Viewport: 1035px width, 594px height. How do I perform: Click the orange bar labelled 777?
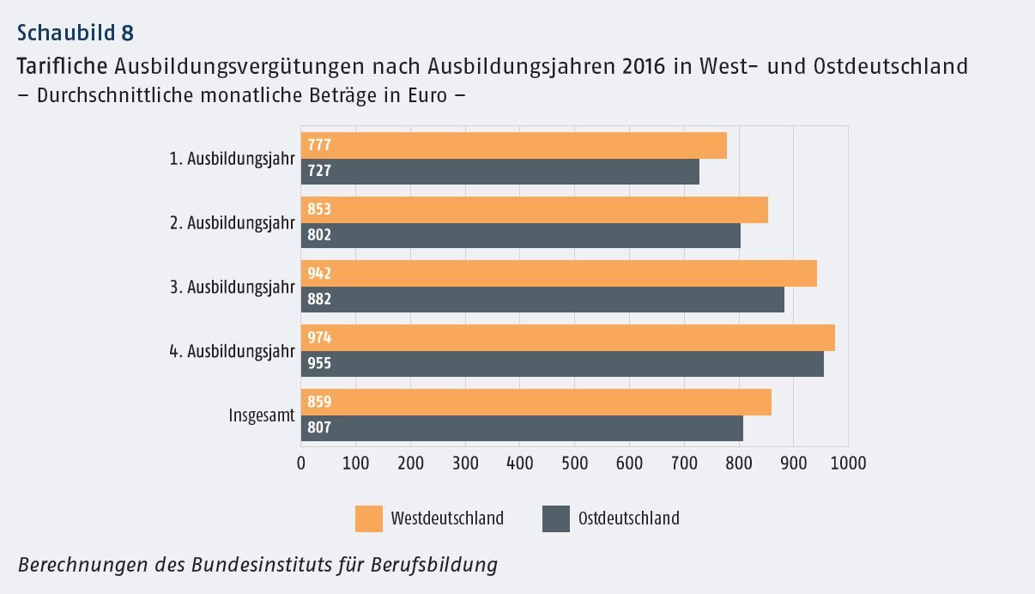point(513,145)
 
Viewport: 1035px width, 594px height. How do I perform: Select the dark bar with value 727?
point(499,171)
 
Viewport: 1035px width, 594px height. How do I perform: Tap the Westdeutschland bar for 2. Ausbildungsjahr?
point(534,209)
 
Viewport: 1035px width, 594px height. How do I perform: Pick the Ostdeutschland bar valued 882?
point(542,300)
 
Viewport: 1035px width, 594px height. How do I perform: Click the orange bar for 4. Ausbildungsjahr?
point(567,337)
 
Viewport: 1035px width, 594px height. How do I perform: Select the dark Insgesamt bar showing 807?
point(522,427)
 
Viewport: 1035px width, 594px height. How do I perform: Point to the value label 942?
point(319,274)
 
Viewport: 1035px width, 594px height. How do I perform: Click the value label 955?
point(319,363)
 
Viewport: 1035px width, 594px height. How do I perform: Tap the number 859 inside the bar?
point(319,402)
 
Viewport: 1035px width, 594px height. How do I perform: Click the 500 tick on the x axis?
point(575,464)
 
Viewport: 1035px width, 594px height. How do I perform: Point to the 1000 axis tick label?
point(848,464)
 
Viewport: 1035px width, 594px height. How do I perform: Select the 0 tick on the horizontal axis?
point(301,464)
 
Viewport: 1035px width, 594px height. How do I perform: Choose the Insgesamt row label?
point(261,415)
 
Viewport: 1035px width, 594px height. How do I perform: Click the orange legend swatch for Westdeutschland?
point(369,518)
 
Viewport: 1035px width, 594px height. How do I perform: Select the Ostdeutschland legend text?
point(628,518)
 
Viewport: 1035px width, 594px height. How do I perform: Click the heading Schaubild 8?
point(76,33)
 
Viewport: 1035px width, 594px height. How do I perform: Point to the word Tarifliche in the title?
point(62,66)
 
